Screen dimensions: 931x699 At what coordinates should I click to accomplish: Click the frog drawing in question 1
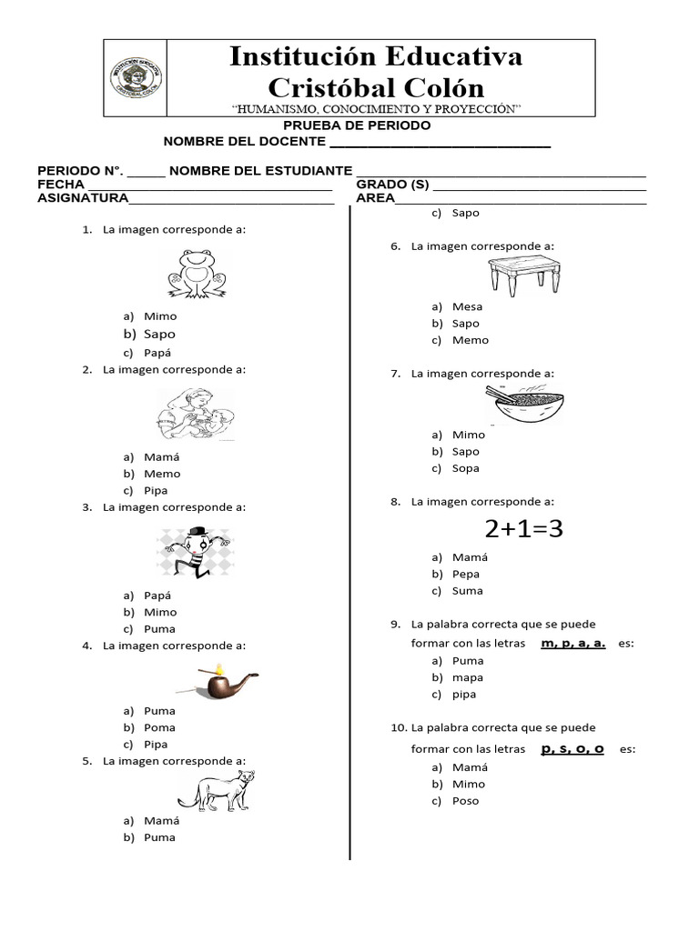point(197,274)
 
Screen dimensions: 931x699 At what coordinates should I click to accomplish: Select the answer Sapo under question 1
point(159,335)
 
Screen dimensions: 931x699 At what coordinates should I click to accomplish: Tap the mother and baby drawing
point(195,415)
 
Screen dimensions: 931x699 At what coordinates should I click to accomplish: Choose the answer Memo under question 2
point(162,474)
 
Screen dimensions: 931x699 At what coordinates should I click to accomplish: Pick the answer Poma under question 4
point(159,727)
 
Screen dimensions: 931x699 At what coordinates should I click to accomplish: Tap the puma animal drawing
point(217,790)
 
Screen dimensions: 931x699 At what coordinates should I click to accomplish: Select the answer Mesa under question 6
point(467,306)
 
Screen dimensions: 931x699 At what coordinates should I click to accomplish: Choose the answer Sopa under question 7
point(465,468)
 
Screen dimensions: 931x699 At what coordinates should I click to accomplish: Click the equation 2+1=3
point(523,529)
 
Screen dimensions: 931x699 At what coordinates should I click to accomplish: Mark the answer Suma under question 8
point(467,591)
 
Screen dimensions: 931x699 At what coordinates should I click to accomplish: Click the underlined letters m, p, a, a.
point(572,644)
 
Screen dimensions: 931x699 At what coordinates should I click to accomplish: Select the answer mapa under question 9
point(467,677)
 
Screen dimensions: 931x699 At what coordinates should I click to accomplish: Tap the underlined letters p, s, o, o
point(572,749)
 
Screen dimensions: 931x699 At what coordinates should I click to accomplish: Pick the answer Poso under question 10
point(465,801)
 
